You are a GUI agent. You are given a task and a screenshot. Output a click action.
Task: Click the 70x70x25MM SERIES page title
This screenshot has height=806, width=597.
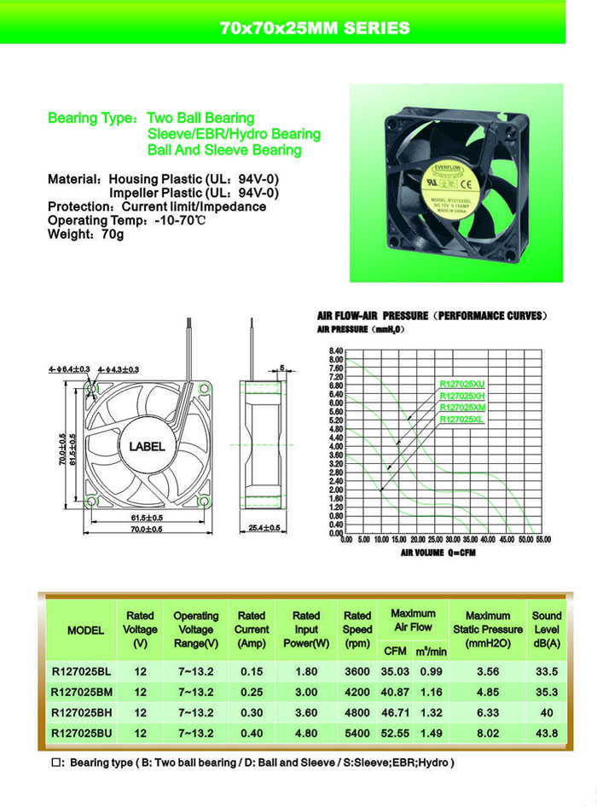click(x=314, y=29)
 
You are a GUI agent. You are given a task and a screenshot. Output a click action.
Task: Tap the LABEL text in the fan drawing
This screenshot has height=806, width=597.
click(x=147, y=446)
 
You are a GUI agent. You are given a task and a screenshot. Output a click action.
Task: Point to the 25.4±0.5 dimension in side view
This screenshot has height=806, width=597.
click(x=263, y=529)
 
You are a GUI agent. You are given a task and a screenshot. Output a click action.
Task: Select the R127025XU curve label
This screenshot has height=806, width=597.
click(x=462, y=385)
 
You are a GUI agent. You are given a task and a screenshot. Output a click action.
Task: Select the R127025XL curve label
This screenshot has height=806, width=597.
click(x=462, y=419)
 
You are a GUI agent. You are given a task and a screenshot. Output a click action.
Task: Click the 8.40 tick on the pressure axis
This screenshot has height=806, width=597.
click(x=335, y=351)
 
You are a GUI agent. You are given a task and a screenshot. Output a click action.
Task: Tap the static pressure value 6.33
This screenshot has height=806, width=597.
click(x=488, y=713)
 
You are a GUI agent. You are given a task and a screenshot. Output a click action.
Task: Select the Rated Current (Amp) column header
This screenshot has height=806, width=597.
click(x=252, y=629)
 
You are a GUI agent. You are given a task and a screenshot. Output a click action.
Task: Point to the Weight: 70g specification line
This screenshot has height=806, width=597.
click(x=86, y=235)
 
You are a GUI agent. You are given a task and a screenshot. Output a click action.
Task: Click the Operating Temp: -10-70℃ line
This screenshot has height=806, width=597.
click(x=127, y=221)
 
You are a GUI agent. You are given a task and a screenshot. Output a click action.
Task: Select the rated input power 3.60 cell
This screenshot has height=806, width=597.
click(x=306, y=713)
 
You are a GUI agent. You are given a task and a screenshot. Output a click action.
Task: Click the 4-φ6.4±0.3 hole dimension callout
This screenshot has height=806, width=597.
click(x=69, y=368)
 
